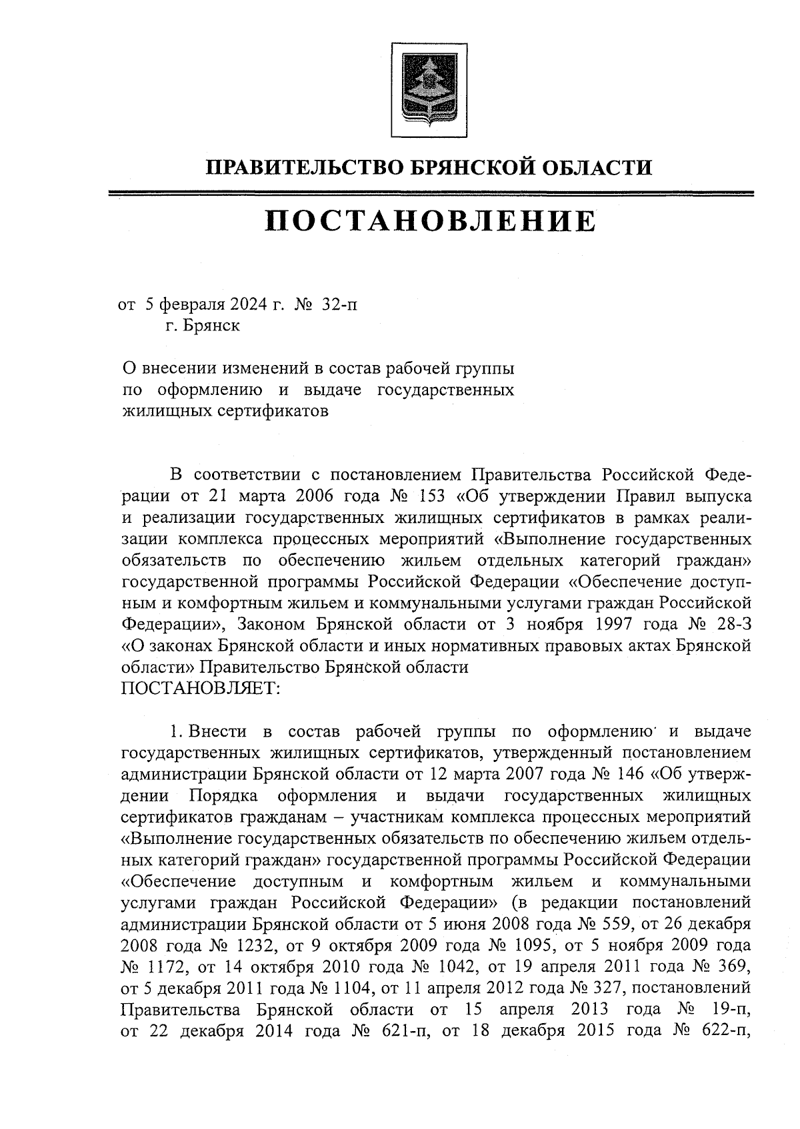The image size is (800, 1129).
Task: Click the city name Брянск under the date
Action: tap(213, 326)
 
